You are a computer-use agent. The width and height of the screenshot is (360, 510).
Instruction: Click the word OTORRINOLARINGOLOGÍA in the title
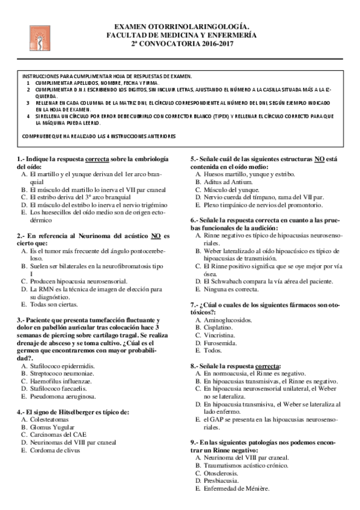click(206, 26)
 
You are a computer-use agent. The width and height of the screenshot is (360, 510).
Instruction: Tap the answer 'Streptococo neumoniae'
click(61, 373)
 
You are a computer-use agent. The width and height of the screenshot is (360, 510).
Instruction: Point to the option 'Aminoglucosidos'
click(228, 321)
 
